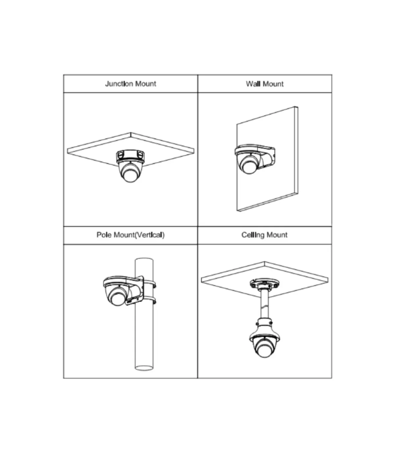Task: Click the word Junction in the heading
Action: pos(119,84)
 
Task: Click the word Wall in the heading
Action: pos(253,84)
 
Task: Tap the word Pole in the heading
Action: pos(104,235)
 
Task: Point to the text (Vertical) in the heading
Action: pos(149,235)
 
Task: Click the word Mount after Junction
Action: pos(145,84)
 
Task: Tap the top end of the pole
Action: pos(144,260)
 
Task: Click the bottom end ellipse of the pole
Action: pos(144,368)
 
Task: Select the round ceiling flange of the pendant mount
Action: pos(264,283)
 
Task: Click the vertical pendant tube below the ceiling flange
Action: pos(264,304)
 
